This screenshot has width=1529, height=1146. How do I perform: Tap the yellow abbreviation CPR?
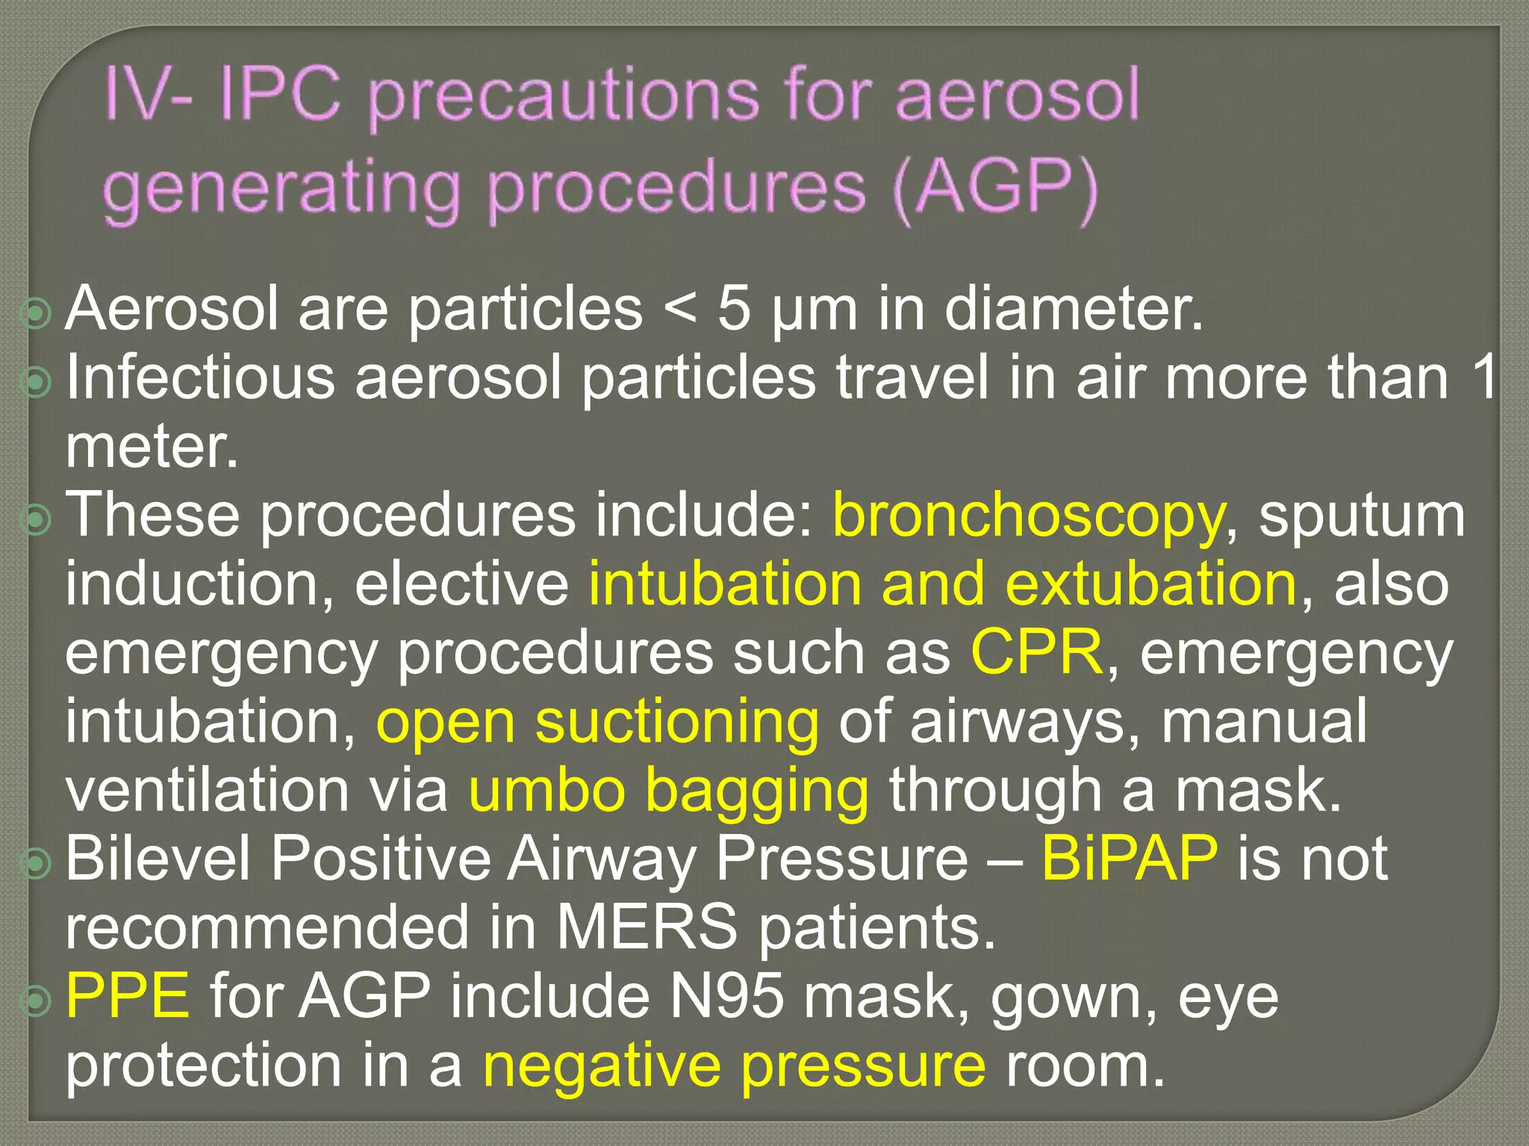click(1036, 652)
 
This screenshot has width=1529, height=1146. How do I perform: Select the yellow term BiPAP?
click(1129, 859)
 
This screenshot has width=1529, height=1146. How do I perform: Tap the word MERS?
click(647, 927)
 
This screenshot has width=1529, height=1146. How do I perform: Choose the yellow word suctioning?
click(676, 721)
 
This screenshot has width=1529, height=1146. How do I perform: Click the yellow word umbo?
click(546, 790)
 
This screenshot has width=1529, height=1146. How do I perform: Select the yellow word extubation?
click(1150, 584)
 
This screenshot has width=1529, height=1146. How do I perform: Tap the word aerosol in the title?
click(1017, 95)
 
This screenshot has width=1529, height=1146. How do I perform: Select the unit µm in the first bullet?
click(814, 312)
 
